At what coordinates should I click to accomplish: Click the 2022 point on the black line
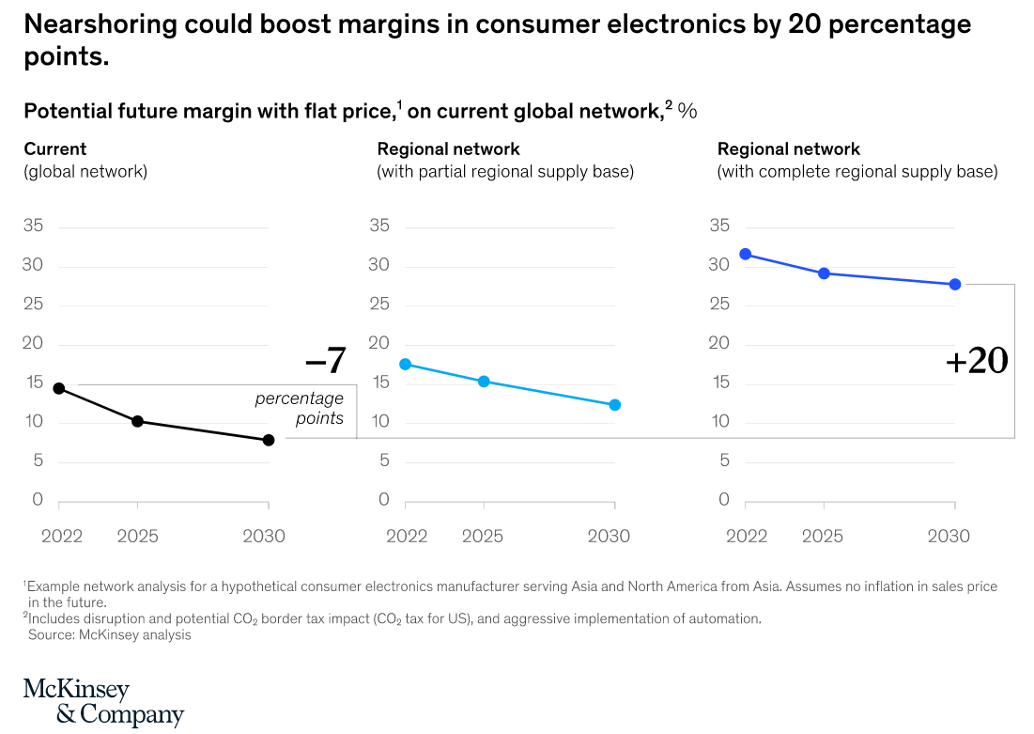tap(58, 388)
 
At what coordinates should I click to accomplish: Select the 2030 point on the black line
tap(269, 440)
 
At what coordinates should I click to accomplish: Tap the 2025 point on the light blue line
tap(484, 382)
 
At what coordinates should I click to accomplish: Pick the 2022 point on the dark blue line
tap(746, 254)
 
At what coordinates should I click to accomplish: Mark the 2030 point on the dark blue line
tap(955, 284)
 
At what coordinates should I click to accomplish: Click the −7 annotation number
tap(325, 360)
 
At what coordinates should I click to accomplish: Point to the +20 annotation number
tap(977, 361)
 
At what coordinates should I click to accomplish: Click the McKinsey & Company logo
tap(103, 702)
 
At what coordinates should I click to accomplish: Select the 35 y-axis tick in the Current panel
tap(33, 226)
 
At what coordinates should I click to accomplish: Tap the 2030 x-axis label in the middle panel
tap(609, 537)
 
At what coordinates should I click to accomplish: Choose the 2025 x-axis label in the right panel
tap(823, 537)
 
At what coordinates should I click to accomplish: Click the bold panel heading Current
tap(54, 148)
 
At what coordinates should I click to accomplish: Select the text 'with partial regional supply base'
tap(505, 172)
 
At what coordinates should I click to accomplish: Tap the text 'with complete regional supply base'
tap(857, 172)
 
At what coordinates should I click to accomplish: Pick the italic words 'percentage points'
tap(300, 409)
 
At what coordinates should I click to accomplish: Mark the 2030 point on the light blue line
tap(615, 405)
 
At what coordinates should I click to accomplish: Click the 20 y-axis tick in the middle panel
tap(379, 343)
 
